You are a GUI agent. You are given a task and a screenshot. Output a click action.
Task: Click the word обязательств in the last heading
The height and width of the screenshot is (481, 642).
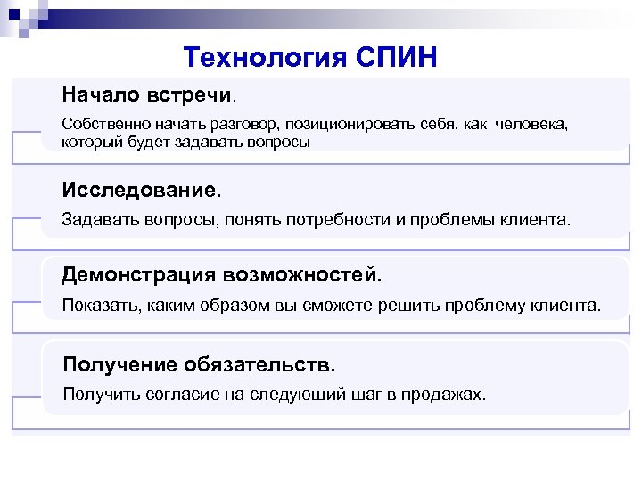(259, 363)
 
